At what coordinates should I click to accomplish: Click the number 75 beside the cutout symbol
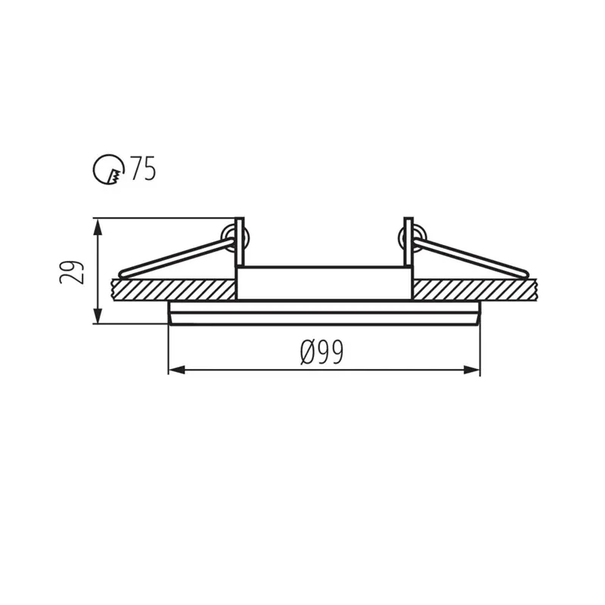[143, 169]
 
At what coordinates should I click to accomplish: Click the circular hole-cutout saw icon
[109, 170]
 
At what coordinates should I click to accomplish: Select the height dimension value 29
[72, 272]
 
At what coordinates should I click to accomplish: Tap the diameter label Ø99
[321, 352]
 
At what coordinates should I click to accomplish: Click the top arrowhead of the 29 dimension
[98, 228]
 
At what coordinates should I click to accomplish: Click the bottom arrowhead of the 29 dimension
[98, 315]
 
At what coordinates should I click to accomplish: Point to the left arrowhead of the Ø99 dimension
[177, 370]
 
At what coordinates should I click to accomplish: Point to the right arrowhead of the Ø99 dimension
[471, 370]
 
